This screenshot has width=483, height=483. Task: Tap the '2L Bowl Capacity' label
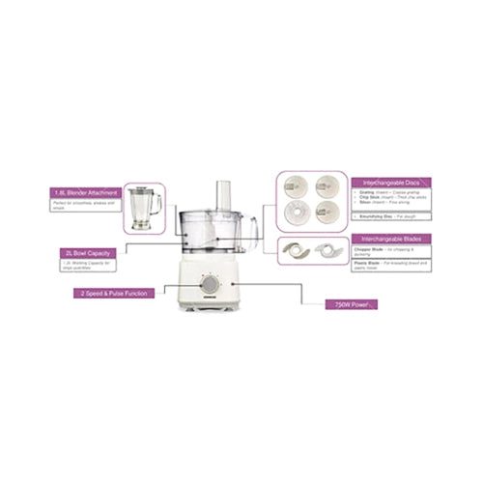pos(86,253)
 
